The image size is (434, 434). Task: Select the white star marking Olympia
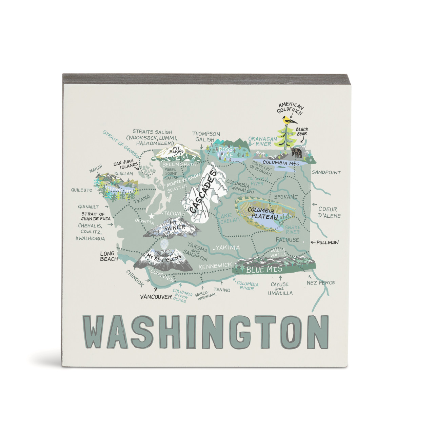pos(152,216)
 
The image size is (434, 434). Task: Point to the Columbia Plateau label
pos(263,213)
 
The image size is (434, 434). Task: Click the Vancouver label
pos(156,297)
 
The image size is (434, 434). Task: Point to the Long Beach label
pos(108,256)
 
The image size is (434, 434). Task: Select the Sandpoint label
pos(326,172)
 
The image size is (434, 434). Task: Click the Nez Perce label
pos(320,282)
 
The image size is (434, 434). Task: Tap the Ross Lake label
pos(225,152)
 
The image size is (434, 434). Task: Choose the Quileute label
pos(81,190)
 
